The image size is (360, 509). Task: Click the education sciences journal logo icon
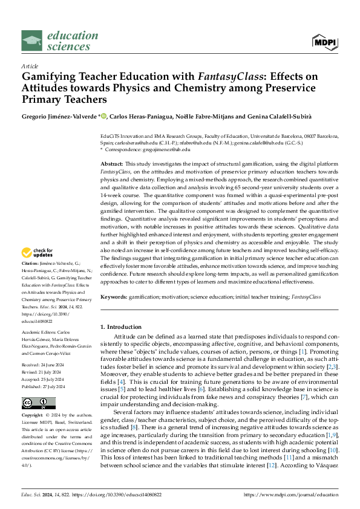pyautogui.click(x=31, y=40)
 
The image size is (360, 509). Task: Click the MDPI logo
pyautogui.click(x=324, y=41)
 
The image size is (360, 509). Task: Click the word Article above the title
pyautogui.click(x=30, y=66)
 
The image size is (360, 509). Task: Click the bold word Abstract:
pyautogui.click(x=112, y=164)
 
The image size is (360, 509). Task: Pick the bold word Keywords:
pyautogui.click(x=114, y=297)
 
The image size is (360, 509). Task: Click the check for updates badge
pyautogui.click(x=39, y=253)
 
